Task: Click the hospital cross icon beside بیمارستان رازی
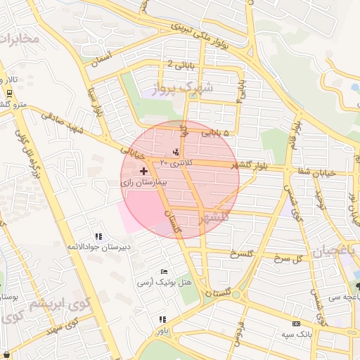[144, 171]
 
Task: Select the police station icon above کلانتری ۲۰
[176, 152]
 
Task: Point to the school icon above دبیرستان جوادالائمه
[99, 236]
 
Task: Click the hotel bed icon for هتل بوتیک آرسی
[164, 271]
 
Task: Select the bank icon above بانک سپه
[295, 323]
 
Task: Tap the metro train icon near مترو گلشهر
[8, 93]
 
